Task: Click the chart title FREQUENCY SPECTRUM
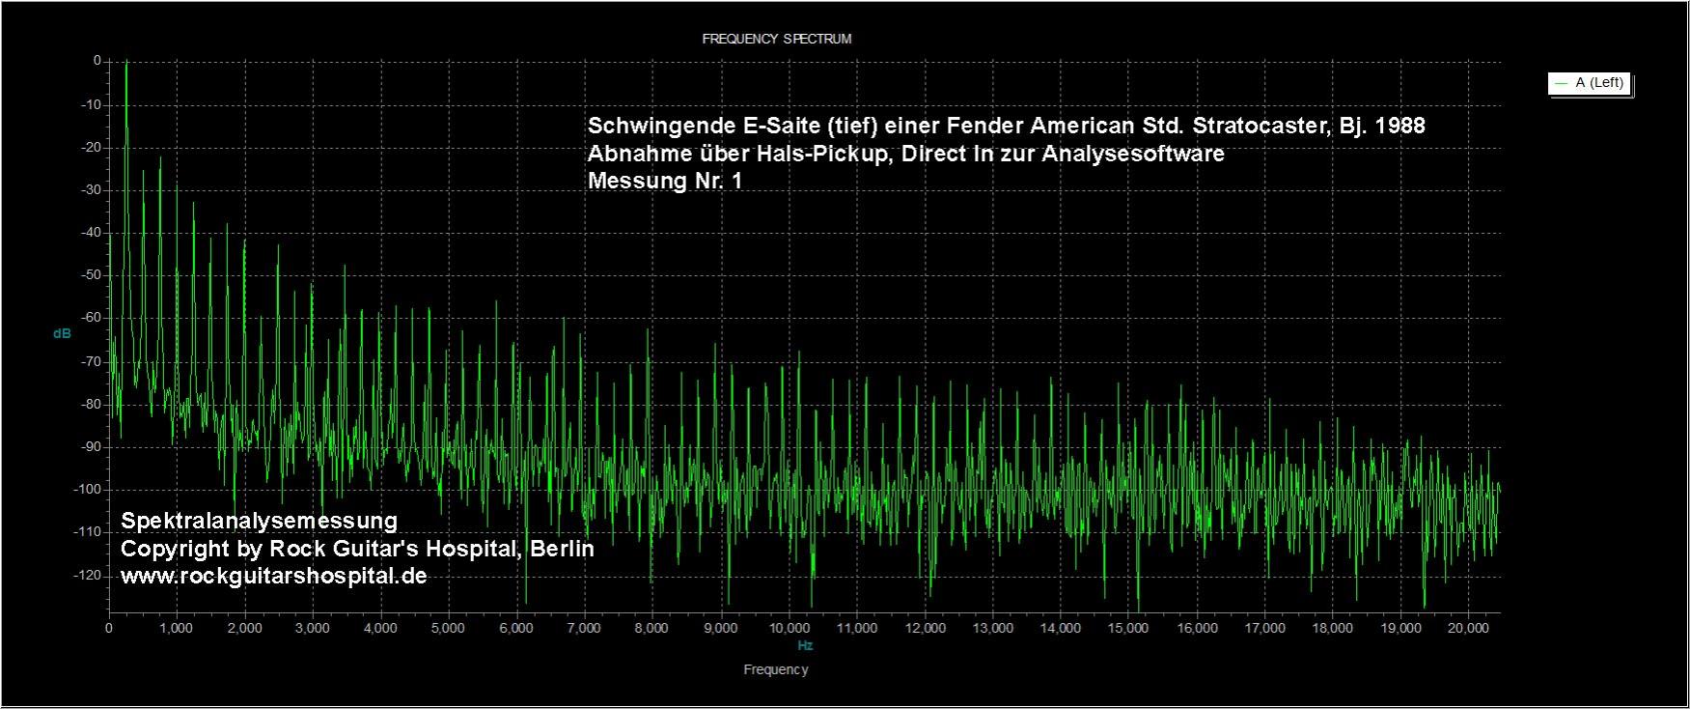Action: coord(776,40)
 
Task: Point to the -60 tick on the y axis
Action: coord(91,318)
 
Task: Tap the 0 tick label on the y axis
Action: coord(97,61)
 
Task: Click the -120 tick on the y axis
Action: coord(88,576)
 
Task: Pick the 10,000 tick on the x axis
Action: coord(789,628)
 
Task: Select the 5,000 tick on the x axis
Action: coord(449,628)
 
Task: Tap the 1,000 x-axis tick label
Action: coord(177,628)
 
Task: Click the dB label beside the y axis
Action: coord(62,334)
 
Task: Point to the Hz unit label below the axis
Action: coord(805,645)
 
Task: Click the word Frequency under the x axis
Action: coord(776,669)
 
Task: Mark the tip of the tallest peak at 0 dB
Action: coord(126,63)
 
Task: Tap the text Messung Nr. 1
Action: coord(665,181)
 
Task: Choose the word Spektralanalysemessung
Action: coord(259,521)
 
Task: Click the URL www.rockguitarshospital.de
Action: coord(273,576)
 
